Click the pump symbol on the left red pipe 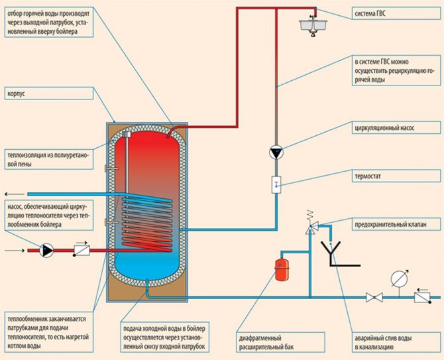(48, 251)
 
